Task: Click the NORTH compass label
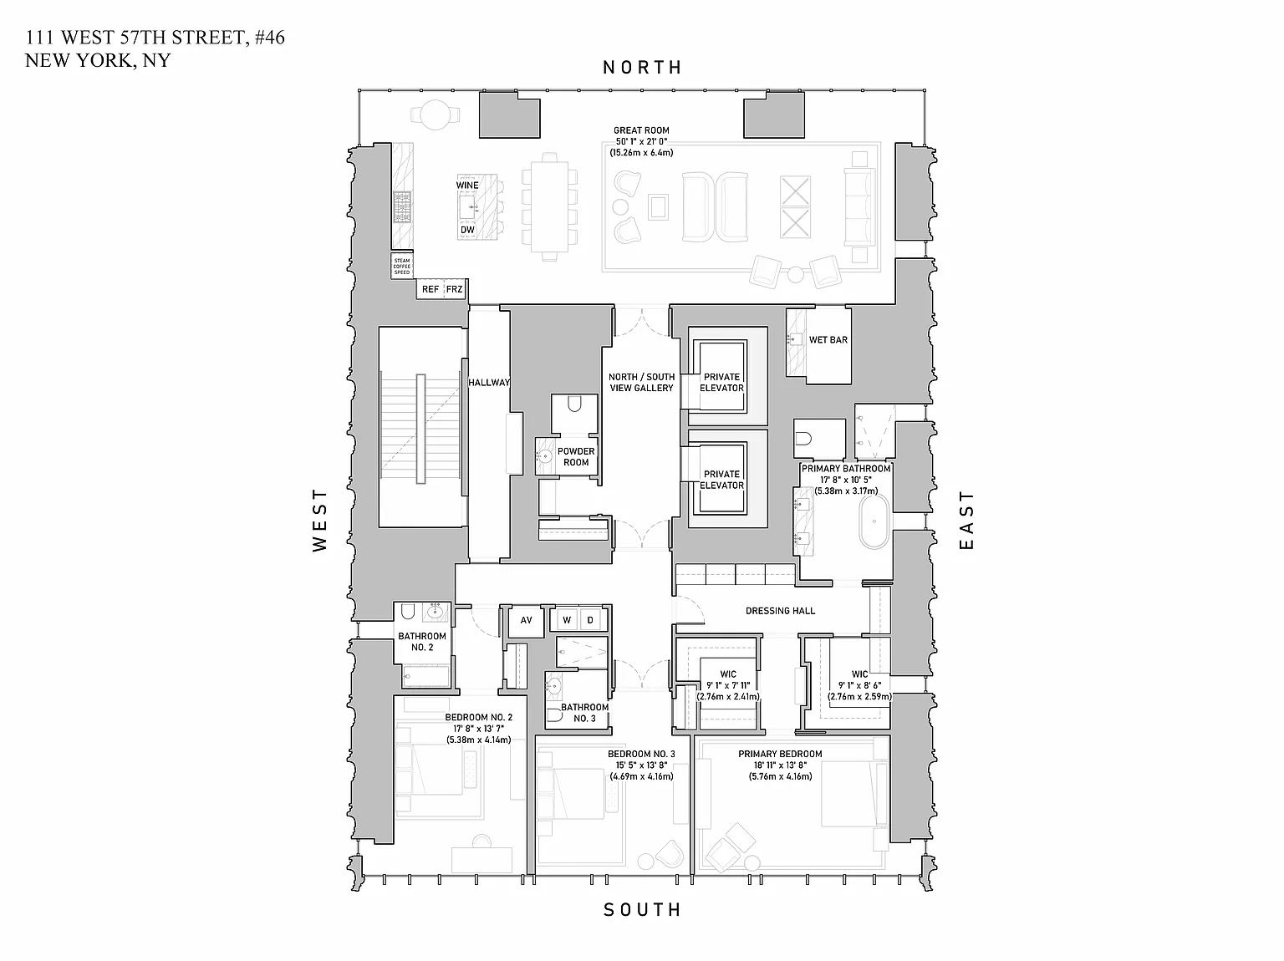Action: [x=642, y=68]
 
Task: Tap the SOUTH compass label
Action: [x=642, y=909]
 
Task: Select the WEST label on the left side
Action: [x=320, y=520]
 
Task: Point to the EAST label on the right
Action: [x=966, y=520]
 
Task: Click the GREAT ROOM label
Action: [x=641, y=130]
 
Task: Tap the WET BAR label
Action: [x=828, y=340]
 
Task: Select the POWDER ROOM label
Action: [x=576, y=456]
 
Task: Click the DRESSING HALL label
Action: [x=780, y=611]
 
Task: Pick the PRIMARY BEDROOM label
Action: [x=780, y=754]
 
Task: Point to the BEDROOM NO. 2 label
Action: [x=478, y=717]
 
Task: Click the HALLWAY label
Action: [x=489, y=383]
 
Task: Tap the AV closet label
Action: [x=526, y=620]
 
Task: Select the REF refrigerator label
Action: [x=430, y=289]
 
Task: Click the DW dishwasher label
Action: [x=467, y=230]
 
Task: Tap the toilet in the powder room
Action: [x=574, y=405]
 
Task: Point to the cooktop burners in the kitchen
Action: [x=403, y=206]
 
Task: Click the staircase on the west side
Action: [x=421, y=427]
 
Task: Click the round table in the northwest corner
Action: [x=435, y=114]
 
